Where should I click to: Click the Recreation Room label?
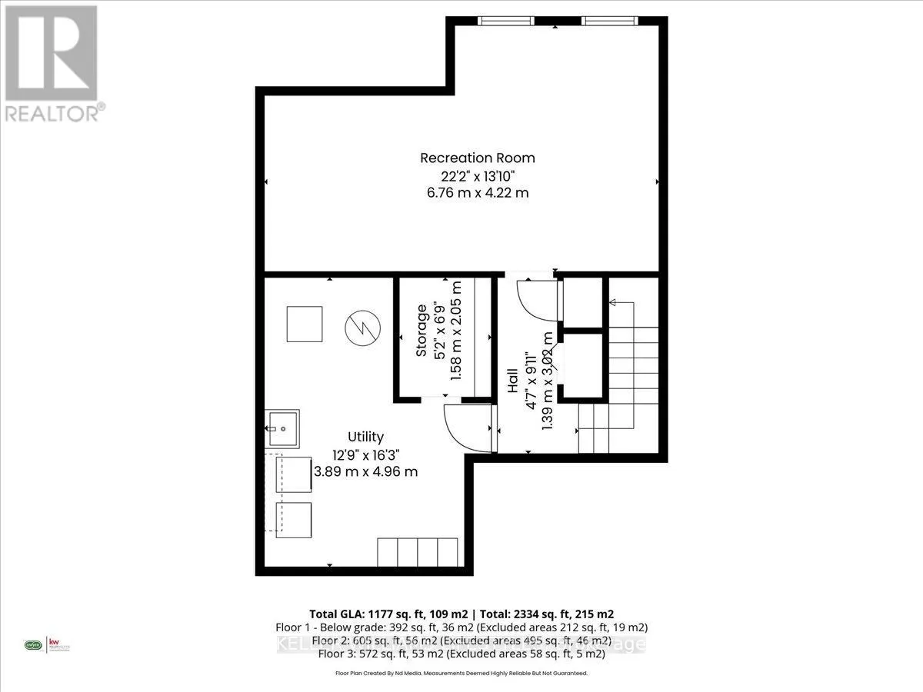click(477, 158)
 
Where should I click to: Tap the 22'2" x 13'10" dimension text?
click(477, 175)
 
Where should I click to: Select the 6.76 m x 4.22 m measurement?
click(477, 193)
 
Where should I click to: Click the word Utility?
click(365, 436)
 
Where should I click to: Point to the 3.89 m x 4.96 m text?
click(365, 471)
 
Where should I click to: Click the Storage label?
click(422, 331)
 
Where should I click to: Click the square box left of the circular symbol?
click(304, 324)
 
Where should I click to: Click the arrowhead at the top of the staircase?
click(613, 303)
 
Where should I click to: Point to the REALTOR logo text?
click(52, 112)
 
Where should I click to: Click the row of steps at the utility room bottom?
click(417, 552)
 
